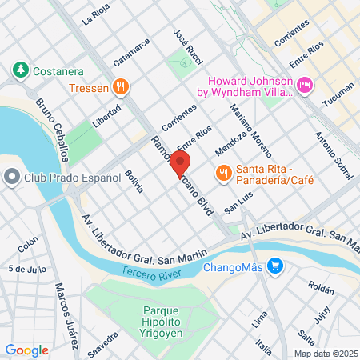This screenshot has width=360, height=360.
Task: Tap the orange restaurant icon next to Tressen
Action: [x=120, y=86]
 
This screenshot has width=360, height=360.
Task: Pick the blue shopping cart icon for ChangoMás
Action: [x=275, y=266]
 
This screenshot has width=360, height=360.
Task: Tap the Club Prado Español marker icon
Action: [x=11, y=178]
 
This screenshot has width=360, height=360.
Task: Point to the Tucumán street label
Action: [x=337, y=97]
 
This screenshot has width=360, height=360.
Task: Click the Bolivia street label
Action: [x=134, y=181]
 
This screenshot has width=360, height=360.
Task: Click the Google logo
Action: [x=26, y=350]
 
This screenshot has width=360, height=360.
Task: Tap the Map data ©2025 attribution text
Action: [x=324, y=354]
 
